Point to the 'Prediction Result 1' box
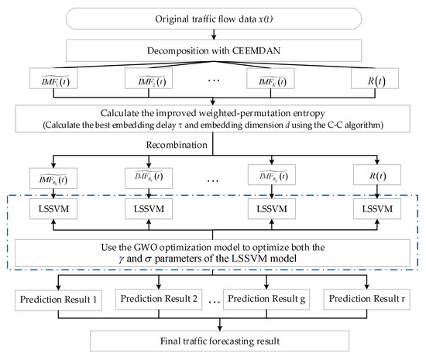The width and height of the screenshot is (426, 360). [x=60, y=298]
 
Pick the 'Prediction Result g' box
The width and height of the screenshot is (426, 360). [x=270, y=298]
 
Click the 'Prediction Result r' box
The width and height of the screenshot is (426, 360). [x=368, y=298]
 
